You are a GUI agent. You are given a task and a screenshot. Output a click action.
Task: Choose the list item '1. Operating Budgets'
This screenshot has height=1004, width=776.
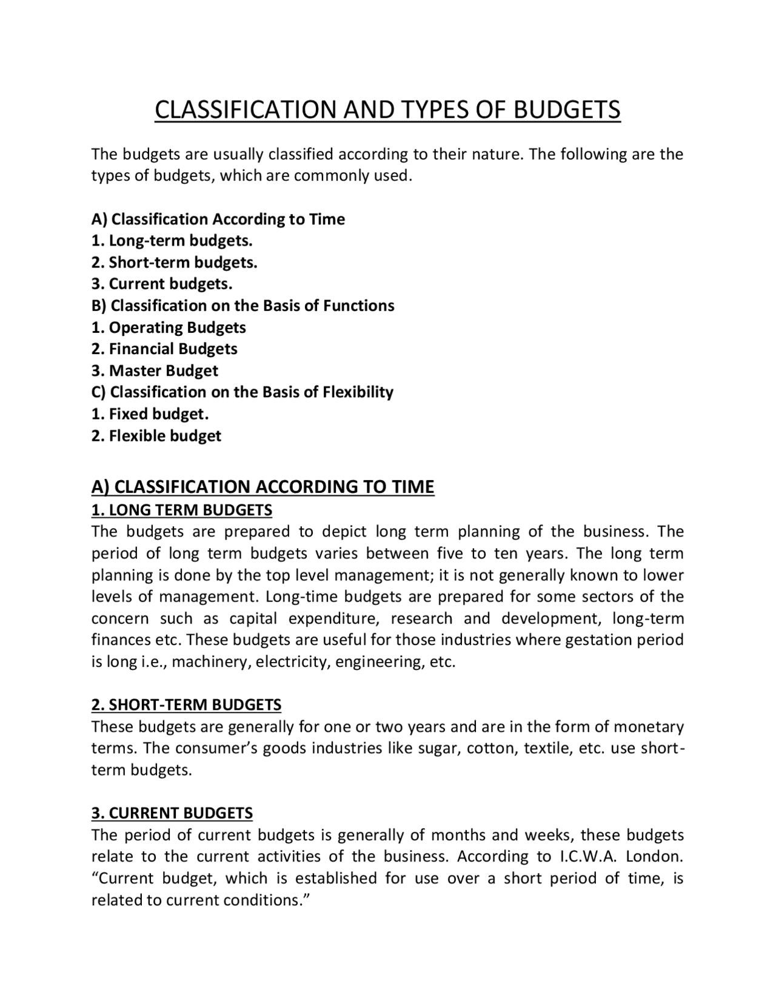click(169, 327)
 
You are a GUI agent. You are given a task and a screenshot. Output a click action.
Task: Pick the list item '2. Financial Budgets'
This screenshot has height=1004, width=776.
click(164, 349)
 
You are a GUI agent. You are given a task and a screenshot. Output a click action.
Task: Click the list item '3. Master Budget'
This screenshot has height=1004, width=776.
click(155, 370)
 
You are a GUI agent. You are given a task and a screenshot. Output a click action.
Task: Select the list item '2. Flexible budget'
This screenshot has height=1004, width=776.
click(156, 436)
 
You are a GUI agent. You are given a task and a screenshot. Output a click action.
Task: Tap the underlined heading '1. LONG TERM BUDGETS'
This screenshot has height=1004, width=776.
click(182, 510)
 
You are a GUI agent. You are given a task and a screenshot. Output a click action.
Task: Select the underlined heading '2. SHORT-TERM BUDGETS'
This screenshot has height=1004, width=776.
click(186, 705)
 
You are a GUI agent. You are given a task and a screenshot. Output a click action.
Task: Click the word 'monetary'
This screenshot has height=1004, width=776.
click(649, 727)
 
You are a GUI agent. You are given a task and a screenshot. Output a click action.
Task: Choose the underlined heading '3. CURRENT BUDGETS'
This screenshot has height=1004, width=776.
click(172, 813)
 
